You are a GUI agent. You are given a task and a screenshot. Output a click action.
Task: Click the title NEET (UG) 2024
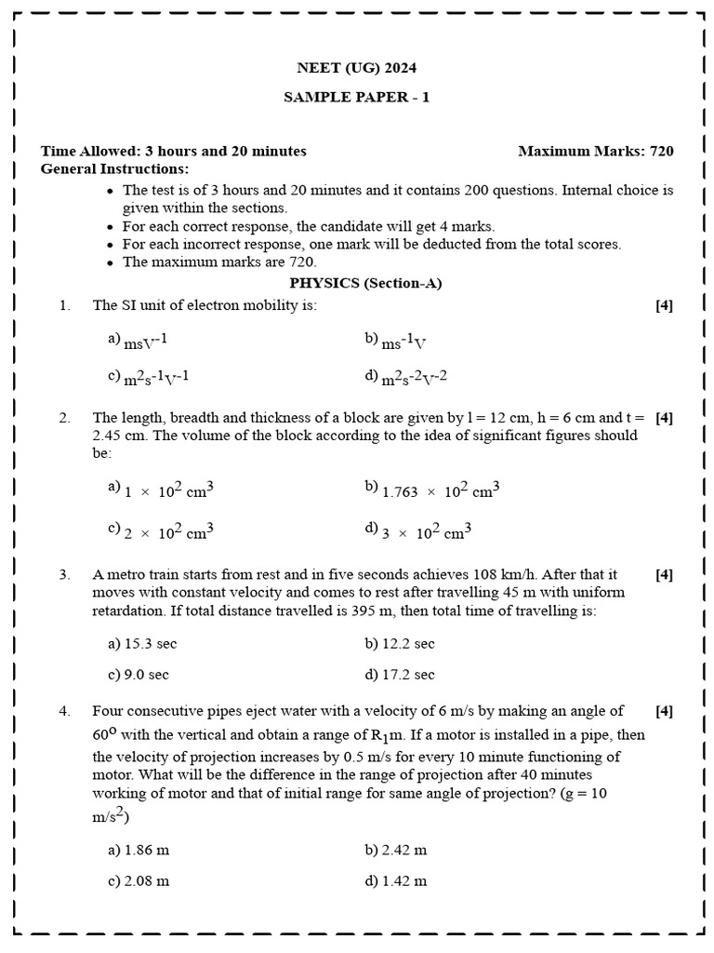click(x=357, y=68)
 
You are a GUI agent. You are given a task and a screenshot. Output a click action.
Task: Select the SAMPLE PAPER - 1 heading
click(x=357, y=97)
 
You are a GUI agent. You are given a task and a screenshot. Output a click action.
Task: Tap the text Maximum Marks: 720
click(x=595, y=151)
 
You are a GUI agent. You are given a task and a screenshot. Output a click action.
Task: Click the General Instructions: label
click(x=114, y=168)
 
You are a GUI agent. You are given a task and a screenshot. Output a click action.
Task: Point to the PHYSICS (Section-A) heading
click(x=365, y=284)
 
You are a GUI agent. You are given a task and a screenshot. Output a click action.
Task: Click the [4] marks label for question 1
click(x=664, y=305)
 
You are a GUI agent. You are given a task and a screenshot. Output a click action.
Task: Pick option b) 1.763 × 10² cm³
click(x=432, y=489)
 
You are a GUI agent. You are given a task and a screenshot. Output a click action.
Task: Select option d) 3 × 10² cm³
click(x=418, y=531)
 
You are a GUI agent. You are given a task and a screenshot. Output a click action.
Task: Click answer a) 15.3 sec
click(x=141, y=644)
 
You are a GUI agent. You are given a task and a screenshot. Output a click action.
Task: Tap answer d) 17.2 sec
click(x=400, y=675)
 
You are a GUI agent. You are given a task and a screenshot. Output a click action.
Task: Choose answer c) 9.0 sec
click(x=139, y=675)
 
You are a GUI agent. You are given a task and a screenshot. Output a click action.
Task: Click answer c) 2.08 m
click(x=139, y=880)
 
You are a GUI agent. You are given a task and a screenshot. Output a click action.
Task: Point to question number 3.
click(x=64, y=575)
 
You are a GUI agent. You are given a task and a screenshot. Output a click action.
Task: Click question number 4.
click(x=64, y=711)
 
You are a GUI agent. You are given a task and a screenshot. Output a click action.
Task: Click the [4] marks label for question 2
click(x=664, y=418)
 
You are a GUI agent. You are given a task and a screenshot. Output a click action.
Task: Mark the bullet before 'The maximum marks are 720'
click(x=111, y=262)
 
